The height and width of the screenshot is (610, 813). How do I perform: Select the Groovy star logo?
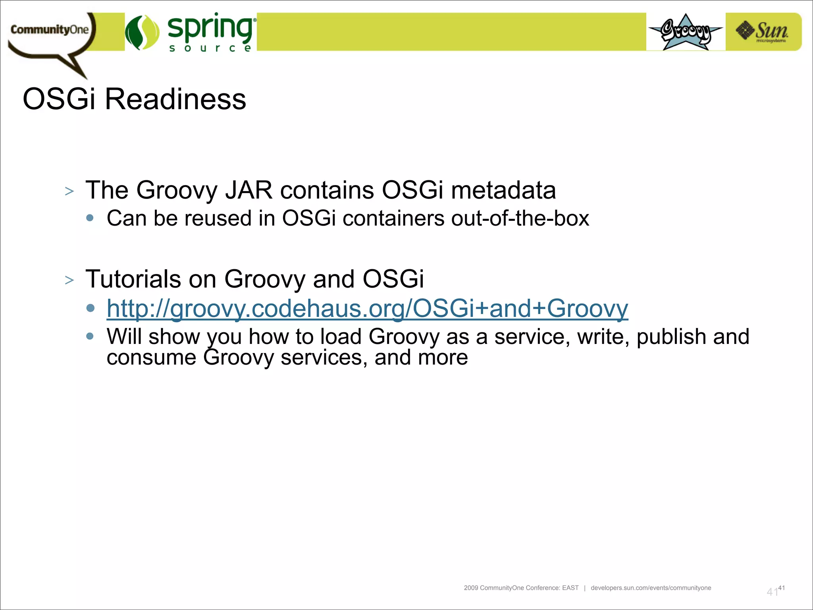tap(686, 32)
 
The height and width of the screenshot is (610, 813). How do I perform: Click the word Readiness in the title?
tap(175, 99)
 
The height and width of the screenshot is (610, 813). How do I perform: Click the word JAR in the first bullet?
tap(249, 190)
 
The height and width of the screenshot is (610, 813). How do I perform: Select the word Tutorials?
tap(133, 279)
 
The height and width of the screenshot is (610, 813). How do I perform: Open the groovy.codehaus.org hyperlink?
tap(367, 309)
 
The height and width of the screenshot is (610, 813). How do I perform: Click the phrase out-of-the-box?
tap(520, 218)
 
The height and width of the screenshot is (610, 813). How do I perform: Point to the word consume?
tap(151, 357)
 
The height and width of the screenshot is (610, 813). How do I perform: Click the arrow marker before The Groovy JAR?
tap(69, 191)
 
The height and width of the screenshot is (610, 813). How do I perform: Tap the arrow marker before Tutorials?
tap(69, 280)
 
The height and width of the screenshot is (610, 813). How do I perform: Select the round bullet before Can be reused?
tap(90, 218)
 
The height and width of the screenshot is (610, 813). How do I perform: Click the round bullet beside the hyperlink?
tap(90, 308)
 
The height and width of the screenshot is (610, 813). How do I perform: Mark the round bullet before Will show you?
tap(90, 336)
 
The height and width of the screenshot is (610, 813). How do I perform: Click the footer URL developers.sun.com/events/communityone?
tap(651, 588)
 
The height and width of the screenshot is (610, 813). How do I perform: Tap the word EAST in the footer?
tap(570, 588)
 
